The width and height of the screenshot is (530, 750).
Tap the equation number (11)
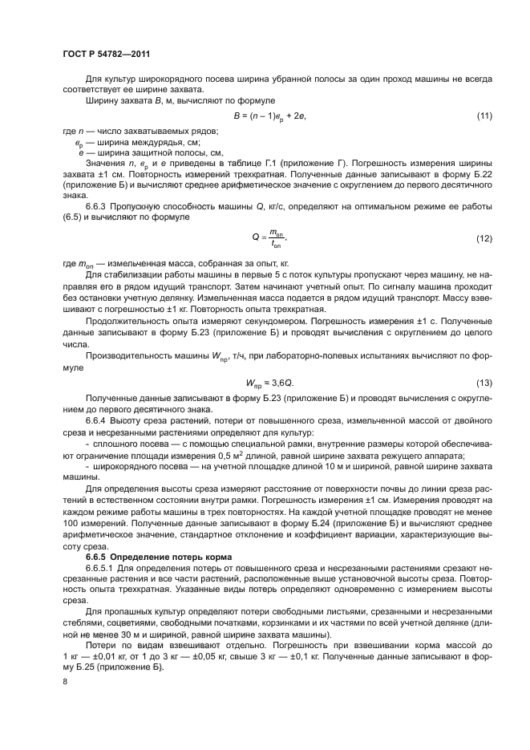483,116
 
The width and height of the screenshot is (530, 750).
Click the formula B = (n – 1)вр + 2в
270,116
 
